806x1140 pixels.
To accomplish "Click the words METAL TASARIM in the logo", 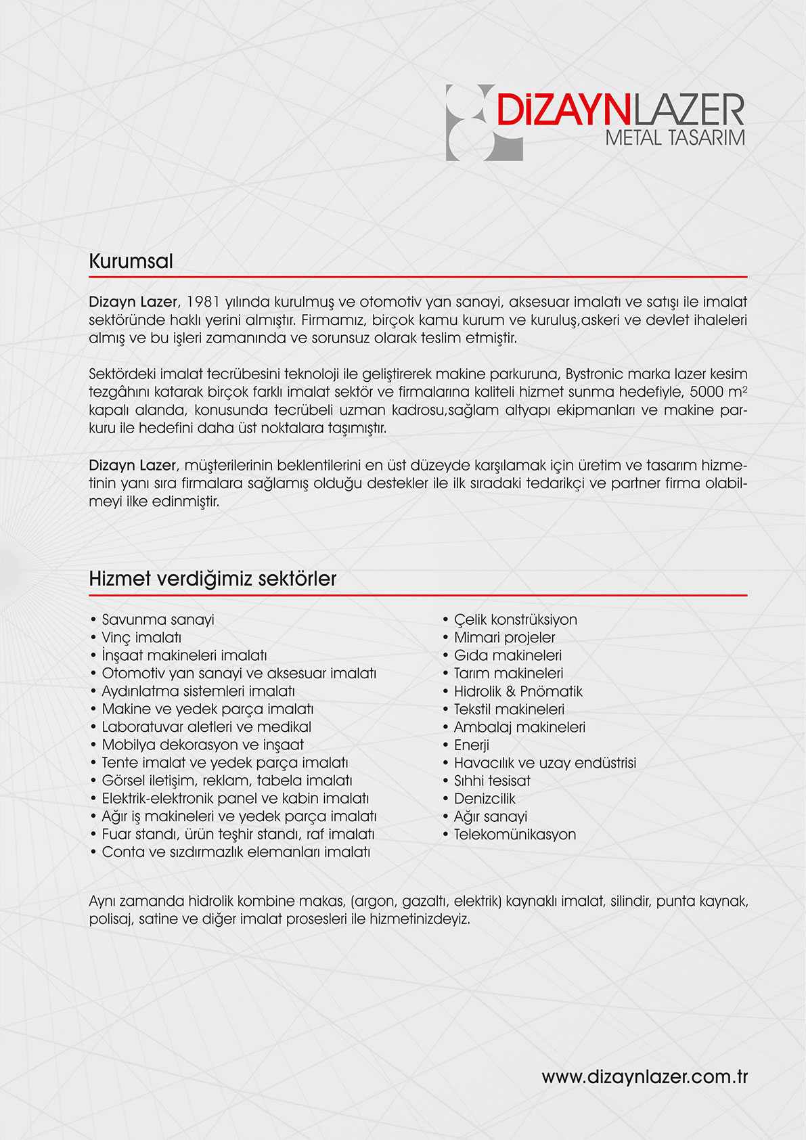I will (675, 137).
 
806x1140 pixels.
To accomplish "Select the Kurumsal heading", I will (131, 261).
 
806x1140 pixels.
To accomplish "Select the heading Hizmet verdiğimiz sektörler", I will (212, 579).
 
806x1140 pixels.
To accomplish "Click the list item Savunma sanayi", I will (158, 619).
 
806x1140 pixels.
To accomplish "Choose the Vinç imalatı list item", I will (141, 637).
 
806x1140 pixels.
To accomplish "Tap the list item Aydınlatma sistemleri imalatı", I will (198, 691).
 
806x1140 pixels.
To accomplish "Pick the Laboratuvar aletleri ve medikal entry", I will (206, 726).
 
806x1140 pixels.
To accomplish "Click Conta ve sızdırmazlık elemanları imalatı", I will (236, 852).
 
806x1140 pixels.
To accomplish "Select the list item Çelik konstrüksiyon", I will (515, 619).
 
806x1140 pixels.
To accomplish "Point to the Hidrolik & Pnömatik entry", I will (518, 691).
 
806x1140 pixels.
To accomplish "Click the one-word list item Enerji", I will (471, 745).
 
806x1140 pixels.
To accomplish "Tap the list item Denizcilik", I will (485, 798).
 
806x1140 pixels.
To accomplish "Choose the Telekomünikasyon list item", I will (514, 834).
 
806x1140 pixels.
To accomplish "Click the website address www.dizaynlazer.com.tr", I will (644, 1077).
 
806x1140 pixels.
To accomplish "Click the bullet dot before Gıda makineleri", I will (446, 655).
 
